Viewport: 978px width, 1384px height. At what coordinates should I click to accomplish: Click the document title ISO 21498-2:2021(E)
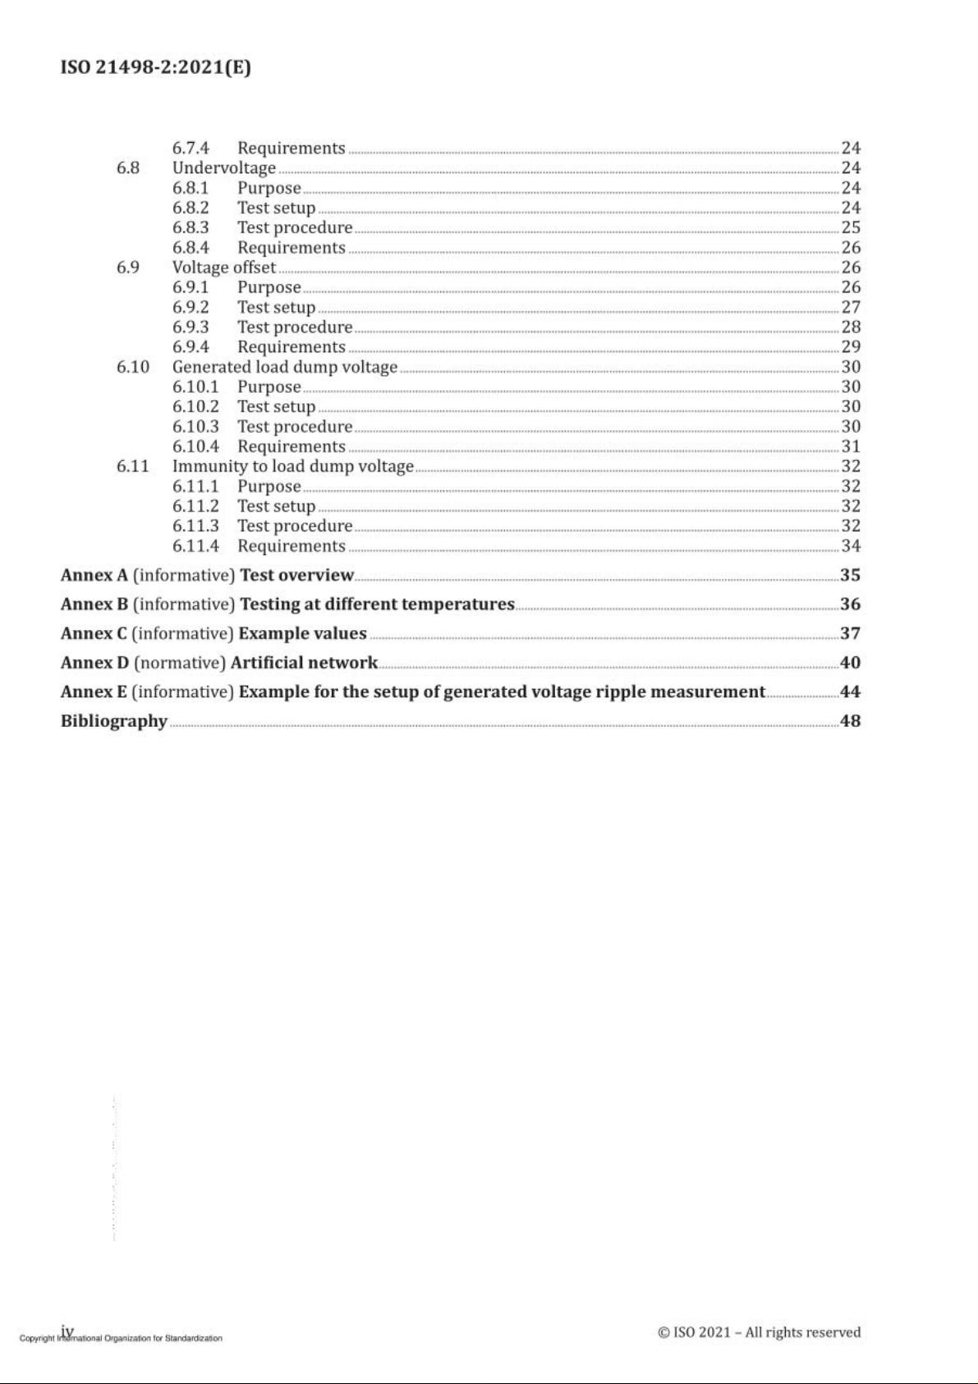tap(155, 67)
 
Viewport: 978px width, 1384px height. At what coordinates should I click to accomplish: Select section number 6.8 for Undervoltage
tap(127, 168)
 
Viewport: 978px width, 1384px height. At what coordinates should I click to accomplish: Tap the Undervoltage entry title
tap(223, 168)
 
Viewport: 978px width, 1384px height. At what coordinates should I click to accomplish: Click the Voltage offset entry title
tap(223, 267)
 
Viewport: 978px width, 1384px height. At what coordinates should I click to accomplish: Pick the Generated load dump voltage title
tap(284, 366)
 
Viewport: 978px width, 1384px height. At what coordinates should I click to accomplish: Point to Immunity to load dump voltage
tap(292, 466)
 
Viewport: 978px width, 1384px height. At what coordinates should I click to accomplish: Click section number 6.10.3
tap(195, 426)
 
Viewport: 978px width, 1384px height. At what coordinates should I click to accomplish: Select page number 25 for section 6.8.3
tap(851, 228)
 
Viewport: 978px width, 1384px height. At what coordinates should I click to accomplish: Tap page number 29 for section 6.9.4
tap(851, 347)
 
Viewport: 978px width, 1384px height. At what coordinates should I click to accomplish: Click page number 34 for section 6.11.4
tap(851, 545)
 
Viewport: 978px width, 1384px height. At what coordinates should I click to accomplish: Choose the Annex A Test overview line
tap(207, 575)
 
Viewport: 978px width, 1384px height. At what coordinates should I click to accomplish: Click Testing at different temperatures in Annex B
tap(377, 604)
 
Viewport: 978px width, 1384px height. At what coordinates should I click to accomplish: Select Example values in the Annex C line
tap(302, 633)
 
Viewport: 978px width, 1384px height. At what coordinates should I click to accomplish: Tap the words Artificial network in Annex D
tap(304, 662)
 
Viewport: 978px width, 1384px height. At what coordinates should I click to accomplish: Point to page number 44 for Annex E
tap(850, 692)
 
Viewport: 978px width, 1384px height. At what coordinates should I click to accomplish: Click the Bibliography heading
tap(113, 721)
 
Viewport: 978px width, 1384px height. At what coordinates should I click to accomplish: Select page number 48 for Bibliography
tap(850, 721)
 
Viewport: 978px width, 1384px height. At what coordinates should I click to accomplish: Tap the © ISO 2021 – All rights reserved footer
tap(759, 1332)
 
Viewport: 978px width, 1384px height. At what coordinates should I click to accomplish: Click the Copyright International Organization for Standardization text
tap(121, 1339)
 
